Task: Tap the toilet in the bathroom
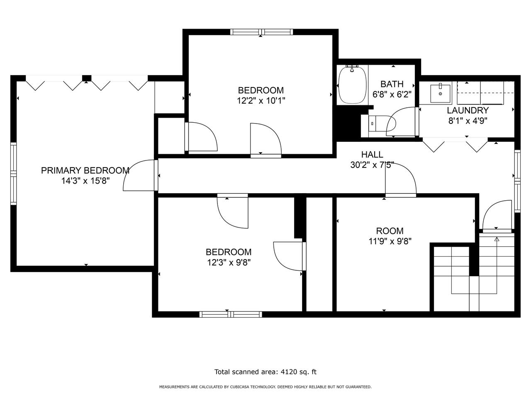tap(370, 124)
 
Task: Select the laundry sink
tap(441, 94)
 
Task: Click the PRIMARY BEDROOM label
tap(85, 171)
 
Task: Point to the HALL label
tap(372, 155)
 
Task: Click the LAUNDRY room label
tap(468, 110)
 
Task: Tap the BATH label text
tap(392, 84)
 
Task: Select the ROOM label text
tap(390, 231)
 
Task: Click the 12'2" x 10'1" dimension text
tap(261, 100)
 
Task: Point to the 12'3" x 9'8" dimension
tap(229, 262)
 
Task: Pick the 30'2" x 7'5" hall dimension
tap(372, 165)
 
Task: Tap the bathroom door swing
tap(402, 121)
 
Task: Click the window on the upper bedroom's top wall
tap(261, 32)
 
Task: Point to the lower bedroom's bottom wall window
tap(231, 314)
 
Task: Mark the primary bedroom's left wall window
tap(14, 174)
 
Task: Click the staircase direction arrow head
tap(497, 239)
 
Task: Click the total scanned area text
tap(265, 371)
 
